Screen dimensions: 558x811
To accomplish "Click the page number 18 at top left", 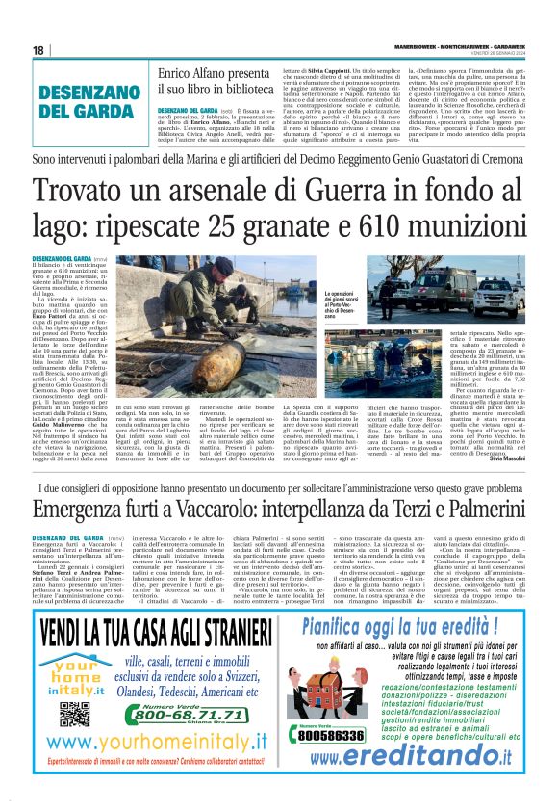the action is click(x=38, y=50).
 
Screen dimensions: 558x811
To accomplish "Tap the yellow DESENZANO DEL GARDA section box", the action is click(x=77, y=101).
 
